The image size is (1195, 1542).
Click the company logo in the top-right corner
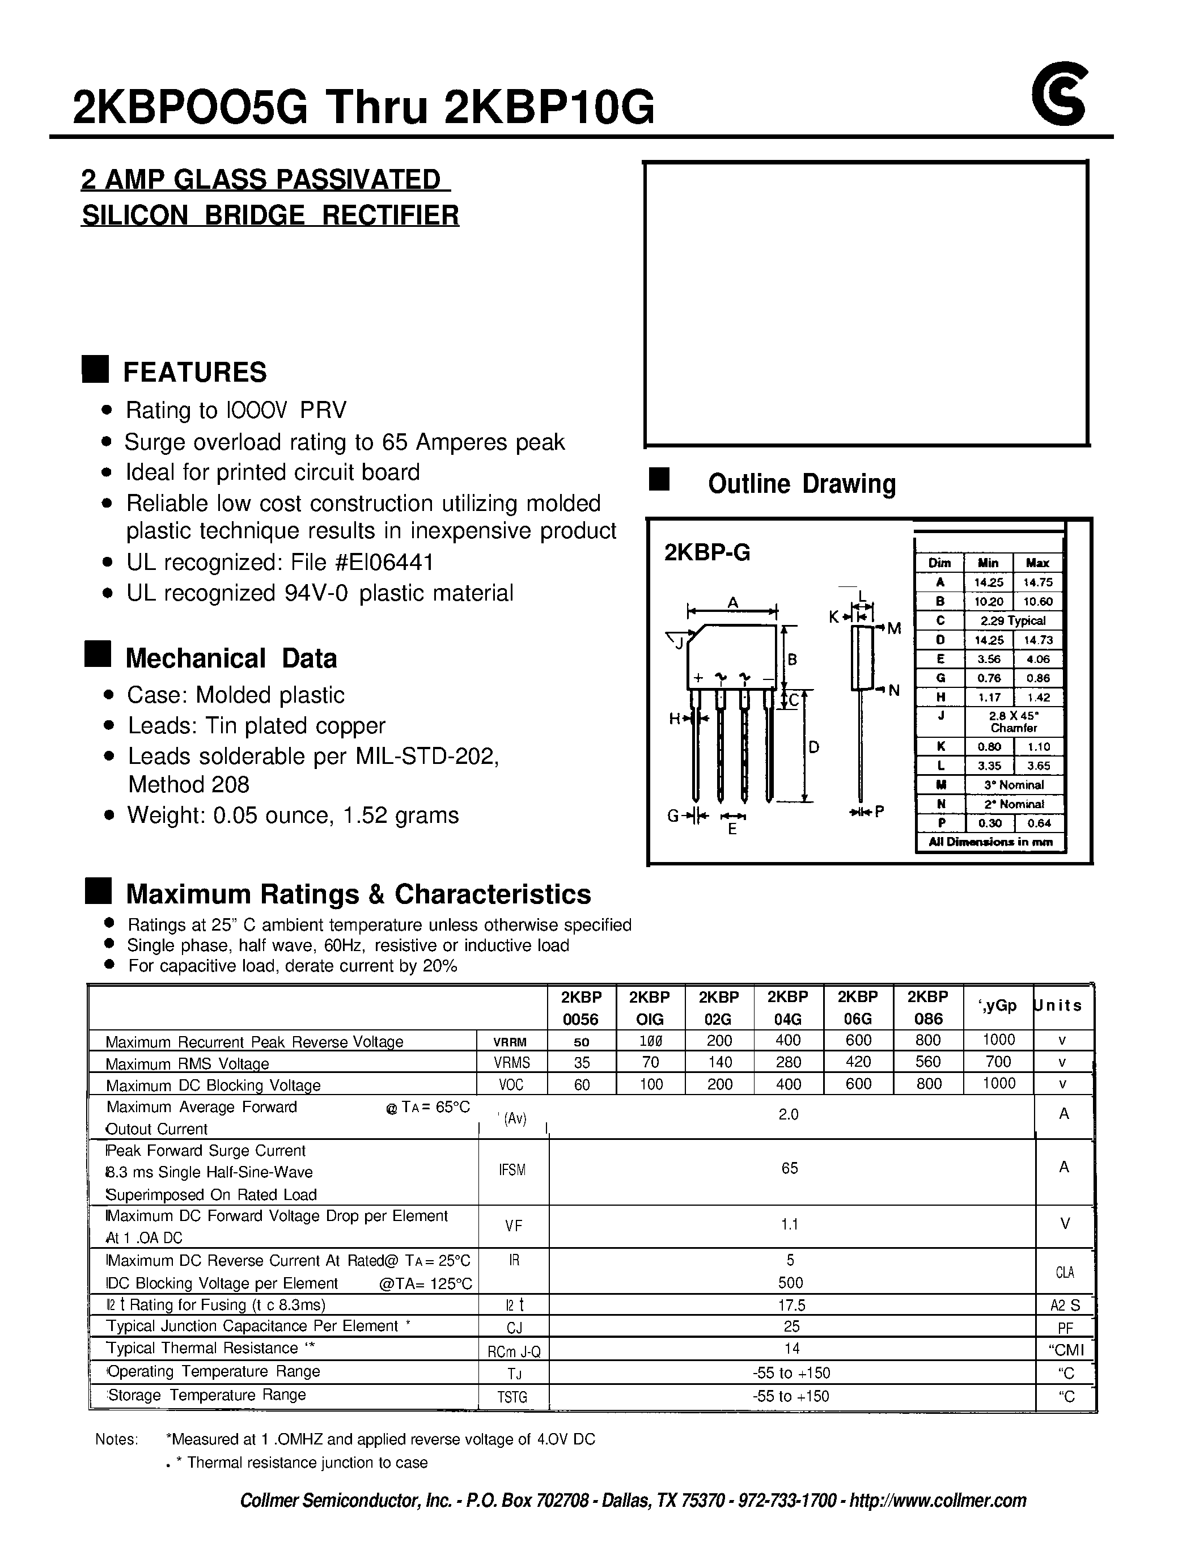(x=1060, y=95)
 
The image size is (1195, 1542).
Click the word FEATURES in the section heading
(x=195, y=372)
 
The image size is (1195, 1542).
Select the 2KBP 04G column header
(x=788, y=1008)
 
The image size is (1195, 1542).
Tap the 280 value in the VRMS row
(x=788, y=1062)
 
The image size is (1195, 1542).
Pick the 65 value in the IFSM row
(x=789, y=1168)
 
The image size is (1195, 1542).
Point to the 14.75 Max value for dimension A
(x=1037, y=582)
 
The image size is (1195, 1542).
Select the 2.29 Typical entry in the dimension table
(x=1012, y=620)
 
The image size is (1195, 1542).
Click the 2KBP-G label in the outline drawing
(x=706, y=553)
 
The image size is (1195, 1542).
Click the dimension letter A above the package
(x=732, y=602)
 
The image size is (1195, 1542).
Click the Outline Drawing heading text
(x=801, y=484)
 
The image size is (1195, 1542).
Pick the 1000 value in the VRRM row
(x=998, y=1040)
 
